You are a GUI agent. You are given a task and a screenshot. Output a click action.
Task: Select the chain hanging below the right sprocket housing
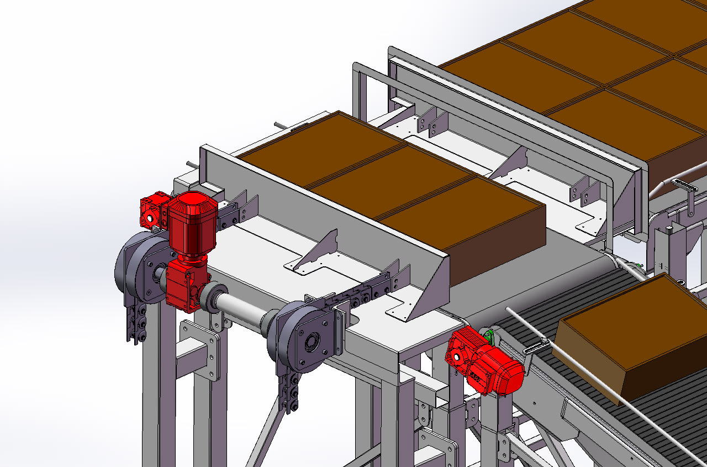[289, 392]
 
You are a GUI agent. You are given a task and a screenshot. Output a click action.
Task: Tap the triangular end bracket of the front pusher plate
[431, 287]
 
